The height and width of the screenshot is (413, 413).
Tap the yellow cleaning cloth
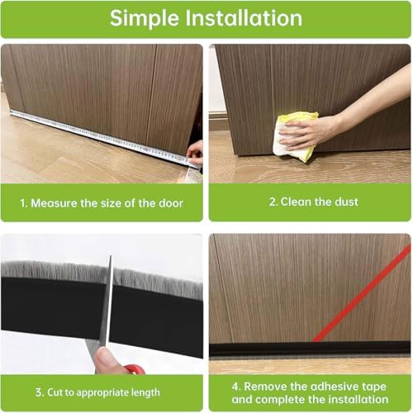[293, 135]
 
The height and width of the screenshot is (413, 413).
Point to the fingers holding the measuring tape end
[195, 151]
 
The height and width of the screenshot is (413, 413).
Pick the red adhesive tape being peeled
[363, 294]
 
